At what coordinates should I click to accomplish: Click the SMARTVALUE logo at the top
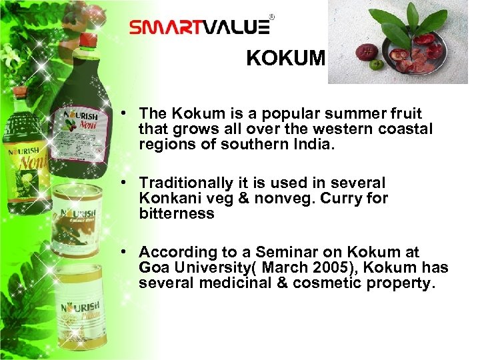point(199,27)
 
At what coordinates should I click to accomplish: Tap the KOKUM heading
point(285,59)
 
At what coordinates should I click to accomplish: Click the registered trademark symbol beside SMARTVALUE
point(271,16)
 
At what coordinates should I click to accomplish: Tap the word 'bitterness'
point(177,214)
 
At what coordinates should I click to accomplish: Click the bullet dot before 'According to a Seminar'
point(125,252)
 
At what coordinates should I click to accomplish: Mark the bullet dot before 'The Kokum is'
point(125,114)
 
